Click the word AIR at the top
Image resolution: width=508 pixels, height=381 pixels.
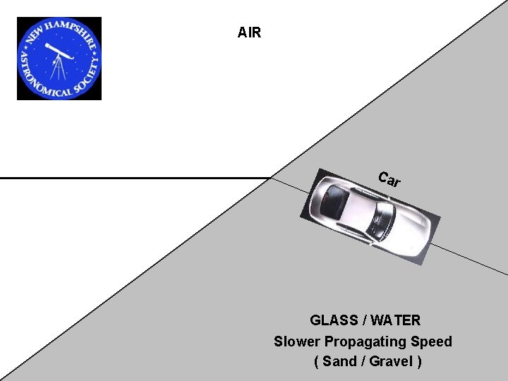[x=249, y=32]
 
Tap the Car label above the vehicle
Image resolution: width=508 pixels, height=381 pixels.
[x=389, y=180]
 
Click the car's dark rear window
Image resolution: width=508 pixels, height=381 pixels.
[x=331, y=202]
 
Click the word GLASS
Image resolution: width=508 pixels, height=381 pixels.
[x=334, y=320]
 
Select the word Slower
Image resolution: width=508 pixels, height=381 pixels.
[x=297, y=341]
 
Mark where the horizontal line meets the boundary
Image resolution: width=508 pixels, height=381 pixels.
[x=272, y=178]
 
